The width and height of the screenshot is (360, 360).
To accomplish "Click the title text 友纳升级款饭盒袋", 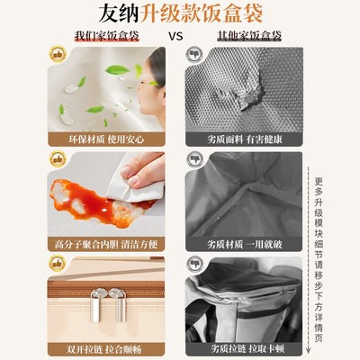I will point(180,15).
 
